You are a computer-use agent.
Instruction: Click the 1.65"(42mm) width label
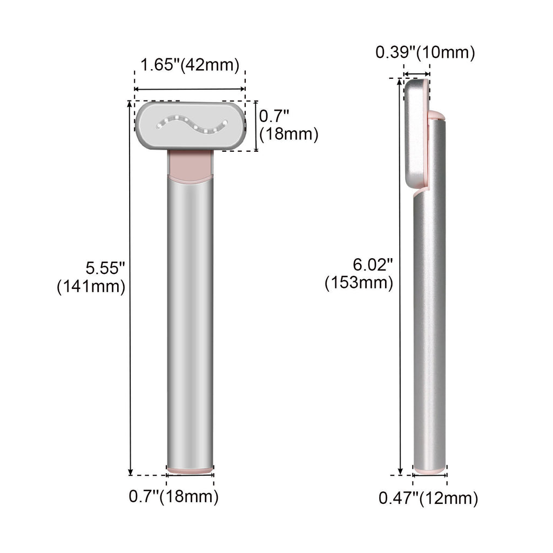[190, 65]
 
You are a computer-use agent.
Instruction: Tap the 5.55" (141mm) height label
[92, 276]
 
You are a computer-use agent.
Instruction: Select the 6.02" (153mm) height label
[359, 273]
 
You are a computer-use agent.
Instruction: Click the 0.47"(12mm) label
[428, 498]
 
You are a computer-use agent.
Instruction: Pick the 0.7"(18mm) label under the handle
[173, 496]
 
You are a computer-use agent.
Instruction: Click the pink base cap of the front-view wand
[190, 471]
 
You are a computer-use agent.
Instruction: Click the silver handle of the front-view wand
[190, 324]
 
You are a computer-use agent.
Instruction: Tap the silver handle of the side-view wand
[430, 324]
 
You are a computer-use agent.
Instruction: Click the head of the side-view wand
[416, 135]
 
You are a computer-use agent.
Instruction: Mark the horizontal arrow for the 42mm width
[190, 89]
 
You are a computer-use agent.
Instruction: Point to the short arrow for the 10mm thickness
[417, 74]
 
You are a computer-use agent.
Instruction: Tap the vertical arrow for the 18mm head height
[255, 126]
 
